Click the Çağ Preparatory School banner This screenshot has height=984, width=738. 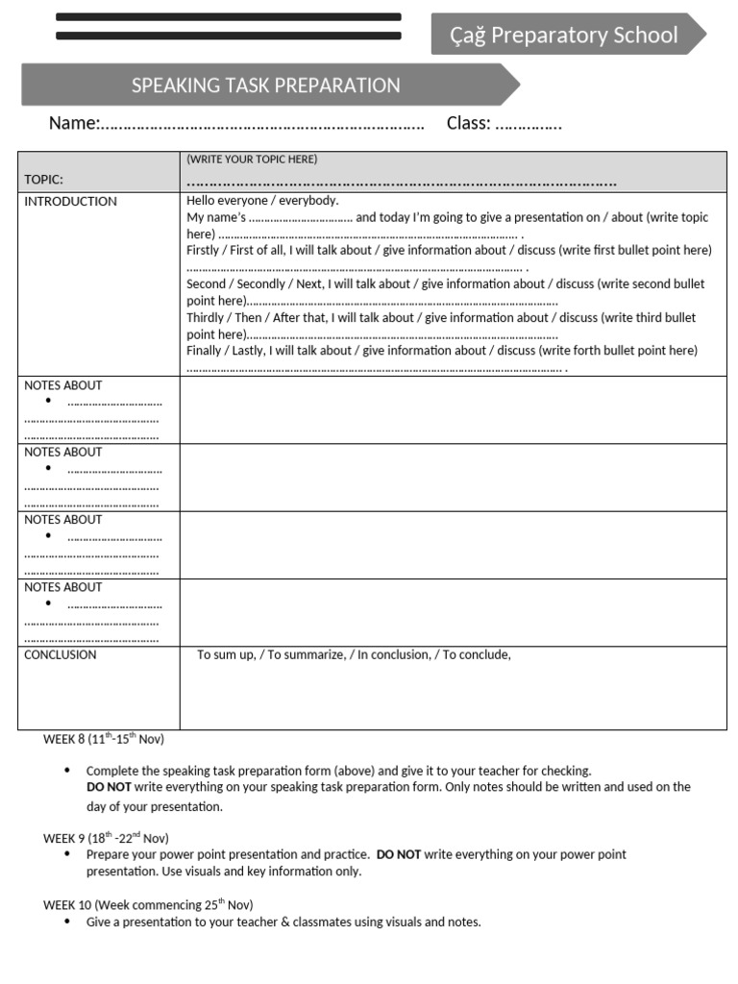pos(564,36)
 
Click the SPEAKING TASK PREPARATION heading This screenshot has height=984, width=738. pos(265,86)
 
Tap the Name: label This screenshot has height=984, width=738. pos(74,123)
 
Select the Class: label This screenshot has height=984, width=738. pos(468,123)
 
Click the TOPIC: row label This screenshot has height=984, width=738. pos(43,179)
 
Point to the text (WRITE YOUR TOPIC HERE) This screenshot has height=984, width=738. pos(252,160)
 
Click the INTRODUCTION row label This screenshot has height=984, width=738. pos(70,202)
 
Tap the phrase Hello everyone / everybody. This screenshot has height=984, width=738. pos(262,201)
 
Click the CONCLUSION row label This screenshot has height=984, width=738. pos(60,655)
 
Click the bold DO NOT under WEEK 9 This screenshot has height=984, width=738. pos(398,854)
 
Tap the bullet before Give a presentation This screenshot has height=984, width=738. pos(66,922)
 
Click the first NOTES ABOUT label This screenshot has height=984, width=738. pos(62,385)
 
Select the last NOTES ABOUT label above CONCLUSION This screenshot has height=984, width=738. pos(62,587)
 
